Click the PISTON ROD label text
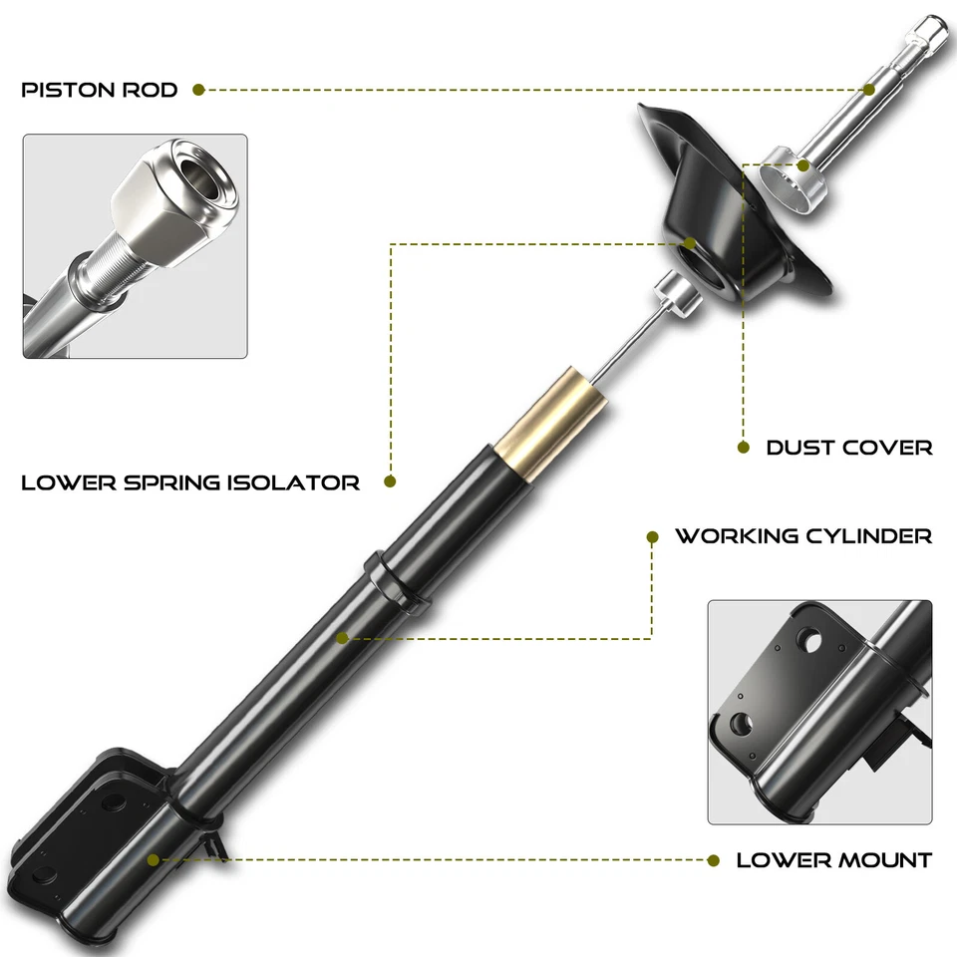click(100, 90)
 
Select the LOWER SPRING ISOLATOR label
click(190, 482)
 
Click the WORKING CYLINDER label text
click(803, 536)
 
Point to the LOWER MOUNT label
click(834, 859)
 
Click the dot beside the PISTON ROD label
click(198, 90)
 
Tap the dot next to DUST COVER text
click(743, 447)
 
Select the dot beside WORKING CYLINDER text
click(653, 536)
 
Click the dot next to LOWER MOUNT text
click(714, 859)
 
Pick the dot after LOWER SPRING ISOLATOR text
click(390, 482)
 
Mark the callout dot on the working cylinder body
click(342, 637)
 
